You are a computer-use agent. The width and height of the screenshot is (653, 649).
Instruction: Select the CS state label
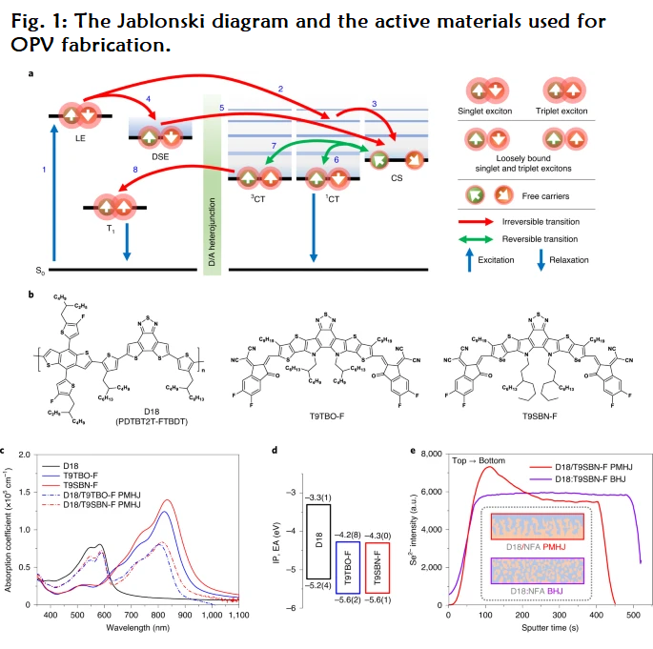(397, 178)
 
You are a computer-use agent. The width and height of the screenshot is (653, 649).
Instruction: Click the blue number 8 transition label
(135, 169)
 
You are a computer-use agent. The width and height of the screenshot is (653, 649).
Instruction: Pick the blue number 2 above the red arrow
(280, 89)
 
